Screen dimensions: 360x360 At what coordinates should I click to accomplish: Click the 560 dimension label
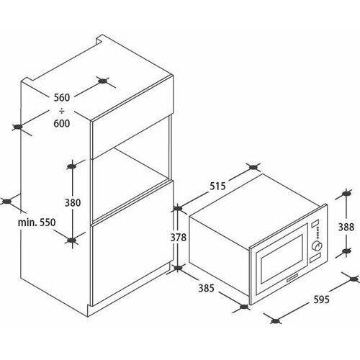(62, 98)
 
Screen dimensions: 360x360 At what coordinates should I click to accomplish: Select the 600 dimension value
(62, 123)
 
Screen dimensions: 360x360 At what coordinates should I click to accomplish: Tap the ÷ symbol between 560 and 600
(62, 111)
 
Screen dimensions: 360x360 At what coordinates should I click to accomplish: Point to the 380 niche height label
(73, 203)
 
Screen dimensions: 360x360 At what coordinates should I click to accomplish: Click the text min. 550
(37, 222)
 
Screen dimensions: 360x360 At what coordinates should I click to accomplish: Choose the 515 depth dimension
(217, 186)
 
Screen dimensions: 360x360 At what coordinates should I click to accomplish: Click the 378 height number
(179, 238)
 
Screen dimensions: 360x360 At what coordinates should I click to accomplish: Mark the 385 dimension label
(206, 288)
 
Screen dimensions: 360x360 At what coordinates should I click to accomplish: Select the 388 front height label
(346, 227)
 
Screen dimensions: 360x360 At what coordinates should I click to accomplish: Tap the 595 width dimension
(321, 300)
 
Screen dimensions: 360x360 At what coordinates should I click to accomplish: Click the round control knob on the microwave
(317, 246)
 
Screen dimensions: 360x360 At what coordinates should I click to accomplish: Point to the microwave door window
(282, 258)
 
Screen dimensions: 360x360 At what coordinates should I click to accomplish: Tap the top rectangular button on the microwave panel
(315, 223)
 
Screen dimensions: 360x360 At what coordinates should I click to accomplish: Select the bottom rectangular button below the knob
(315, 257)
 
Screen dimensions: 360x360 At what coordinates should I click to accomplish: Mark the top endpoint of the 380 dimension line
(71, 166)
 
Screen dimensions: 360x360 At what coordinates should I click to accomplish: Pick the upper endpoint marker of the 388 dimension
(346, 193)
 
